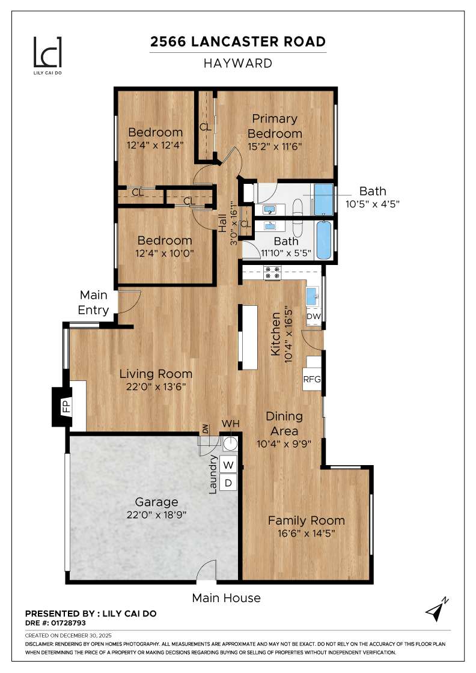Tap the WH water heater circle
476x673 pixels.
click(230, 444)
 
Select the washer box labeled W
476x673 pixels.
click(228, 464)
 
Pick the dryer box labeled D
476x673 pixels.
click(228, 482)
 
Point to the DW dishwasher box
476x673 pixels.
click(314, 316)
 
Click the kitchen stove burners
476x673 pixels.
click(273, 273)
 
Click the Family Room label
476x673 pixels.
click(306, 520)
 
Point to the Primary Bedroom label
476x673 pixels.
click(275, 126)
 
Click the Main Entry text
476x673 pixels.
click(94, 303)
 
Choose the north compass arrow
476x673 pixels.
click(436, 609)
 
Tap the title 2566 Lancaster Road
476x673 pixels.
click(238, 41)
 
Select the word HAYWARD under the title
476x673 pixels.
click(238, 63)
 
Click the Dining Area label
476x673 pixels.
click(284, 423)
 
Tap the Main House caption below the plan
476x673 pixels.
click(226, 598)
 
